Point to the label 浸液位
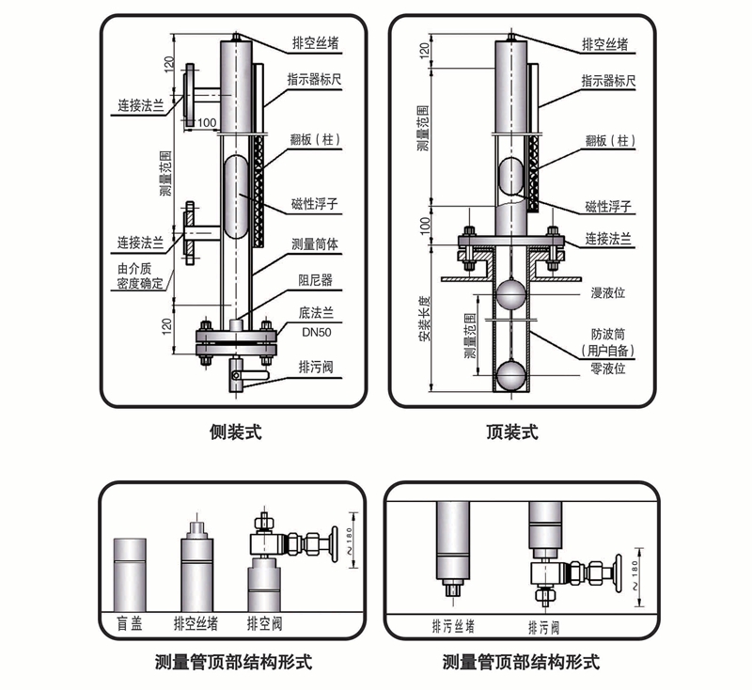[608, 292]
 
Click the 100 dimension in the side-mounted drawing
[207, 122]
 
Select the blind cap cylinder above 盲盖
[130, 573]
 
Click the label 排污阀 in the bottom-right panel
[543, 625]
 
